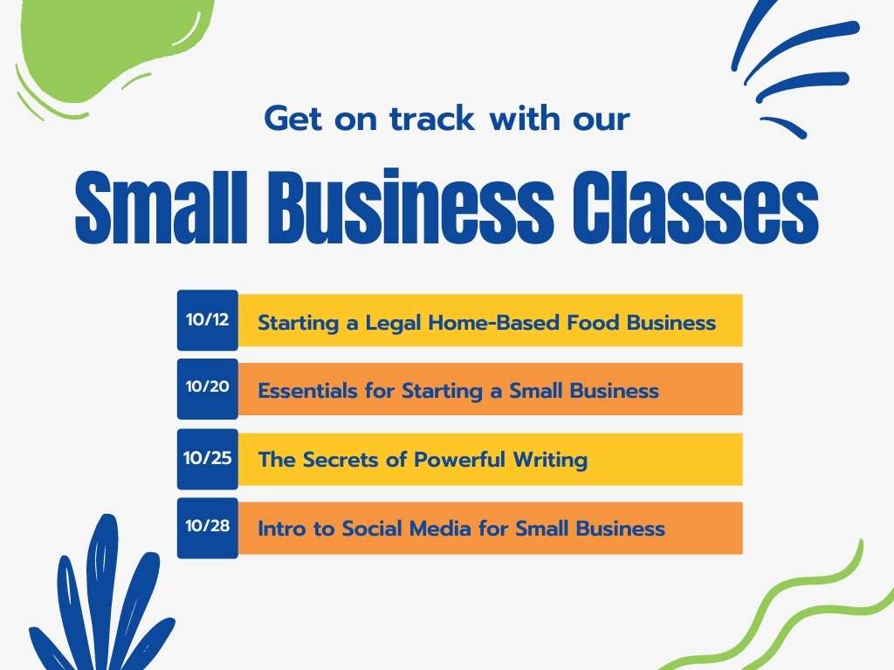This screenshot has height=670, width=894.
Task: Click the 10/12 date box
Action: click(207, 320)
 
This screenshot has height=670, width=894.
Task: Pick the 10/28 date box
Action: click(207, 527)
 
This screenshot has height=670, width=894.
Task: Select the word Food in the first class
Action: click(595, 323)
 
